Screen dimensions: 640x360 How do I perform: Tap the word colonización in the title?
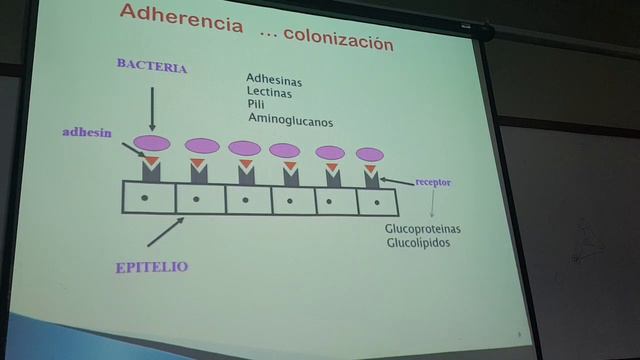point(340,41)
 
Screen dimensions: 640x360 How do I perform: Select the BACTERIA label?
point(152,66)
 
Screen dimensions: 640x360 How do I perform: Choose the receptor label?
point(432,184)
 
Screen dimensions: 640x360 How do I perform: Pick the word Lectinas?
point(271,92)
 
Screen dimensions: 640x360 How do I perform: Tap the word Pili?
point(256,105)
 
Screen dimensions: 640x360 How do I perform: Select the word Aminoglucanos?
point(290,120)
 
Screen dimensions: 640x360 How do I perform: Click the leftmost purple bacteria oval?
point(152,143)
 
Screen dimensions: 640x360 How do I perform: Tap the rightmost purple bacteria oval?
point(370,155)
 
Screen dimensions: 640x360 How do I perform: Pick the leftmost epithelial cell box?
point(148,197)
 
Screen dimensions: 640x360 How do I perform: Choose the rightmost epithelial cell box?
point(377,202)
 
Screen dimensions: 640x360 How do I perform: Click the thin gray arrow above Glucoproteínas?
point(432,205)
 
